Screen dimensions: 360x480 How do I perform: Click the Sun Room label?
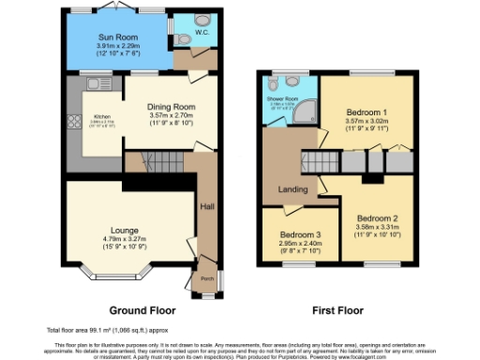117,37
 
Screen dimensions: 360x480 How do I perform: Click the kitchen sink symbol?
93,84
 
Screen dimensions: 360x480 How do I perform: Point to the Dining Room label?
170,106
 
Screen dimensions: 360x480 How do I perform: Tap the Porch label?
206,277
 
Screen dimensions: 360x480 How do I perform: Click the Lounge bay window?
120,277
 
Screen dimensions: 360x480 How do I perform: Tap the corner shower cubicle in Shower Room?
308,120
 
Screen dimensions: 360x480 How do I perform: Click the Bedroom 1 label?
367,111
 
